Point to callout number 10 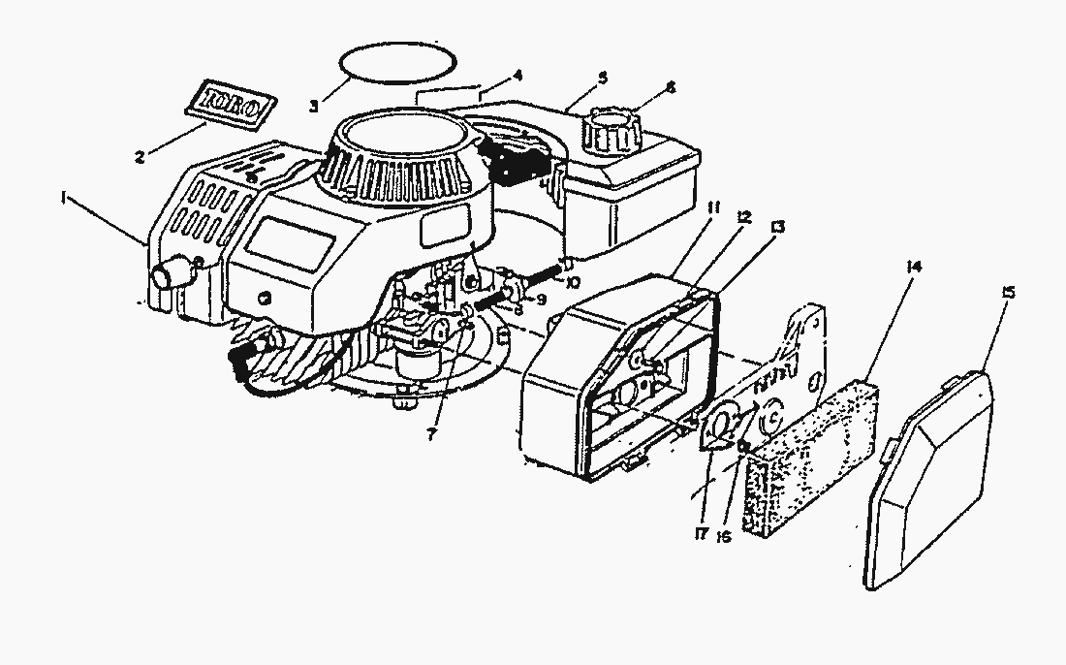tap(573, 282)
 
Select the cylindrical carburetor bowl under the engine tap(419, 366)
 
